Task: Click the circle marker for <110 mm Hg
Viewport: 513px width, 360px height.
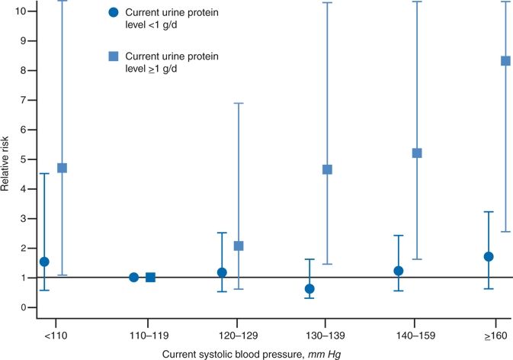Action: tap(44, 262)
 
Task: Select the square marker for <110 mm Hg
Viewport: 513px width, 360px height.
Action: tap(63, 168)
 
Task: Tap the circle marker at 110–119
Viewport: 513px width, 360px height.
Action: tap(133, 277)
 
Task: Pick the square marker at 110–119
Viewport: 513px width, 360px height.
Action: tap(150, 277)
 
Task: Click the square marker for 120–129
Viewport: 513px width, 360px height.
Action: tap(239, 246)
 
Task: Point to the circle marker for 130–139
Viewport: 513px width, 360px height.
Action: tap(309, 288)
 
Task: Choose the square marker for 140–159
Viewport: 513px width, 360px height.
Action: tap(417, 153)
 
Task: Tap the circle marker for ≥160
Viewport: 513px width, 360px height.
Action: tap(489, 256)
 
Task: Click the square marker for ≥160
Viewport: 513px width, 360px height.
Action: tap(505, 61)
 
